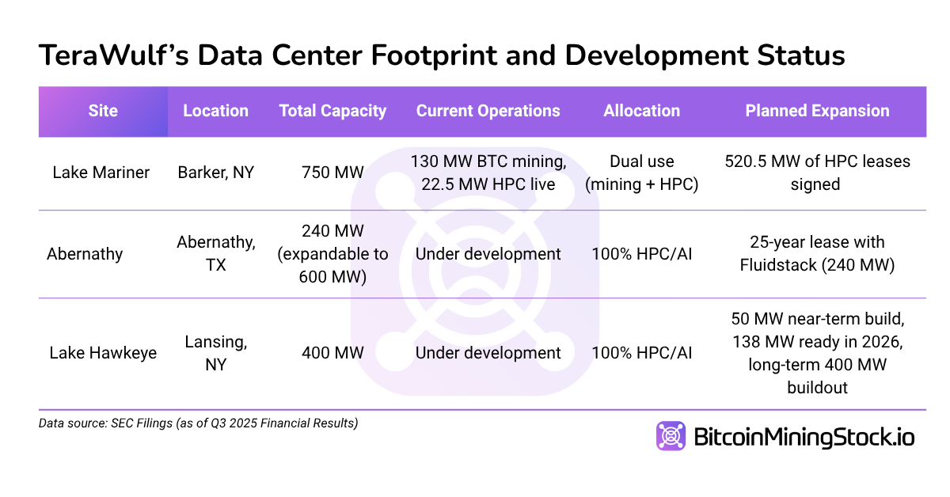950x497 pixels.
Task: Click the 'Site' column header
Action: coord(103,112)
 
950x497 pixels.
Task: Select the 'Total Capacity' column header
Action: coord(332,112)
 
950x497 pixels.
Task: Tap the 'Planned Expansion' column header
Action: coord(817,112)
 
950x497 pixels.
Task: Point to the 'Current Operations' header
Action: coord(488,112)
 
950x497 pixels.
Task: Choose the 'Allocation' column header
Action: coord(641,112)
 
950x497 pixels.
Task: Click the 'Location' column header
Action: coord(215,112)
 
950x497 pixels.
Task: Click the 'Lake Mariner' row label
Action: coord(101,173)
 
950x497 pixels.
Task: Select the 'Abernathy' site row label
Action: coord(85,254)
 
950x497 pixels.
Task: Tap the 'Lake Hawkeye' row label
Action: coord(103,353)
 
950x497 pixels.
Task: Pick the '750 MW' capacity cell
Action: coord(332,173)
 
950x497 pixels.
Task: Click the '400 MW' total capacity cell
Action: coord(332,353)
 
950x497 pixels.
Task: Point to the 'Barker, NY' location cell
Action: coord(215,173)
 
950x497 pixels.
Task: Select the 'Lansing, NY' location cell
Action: coord(215,353)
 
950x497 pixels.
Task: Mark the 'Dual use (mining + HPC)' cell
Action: coord(641,173)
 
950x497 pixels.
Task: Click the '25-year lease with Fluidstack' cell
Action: coord(817,254)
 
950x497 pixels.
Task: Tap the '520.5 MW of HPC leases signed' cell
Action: coord(817,173)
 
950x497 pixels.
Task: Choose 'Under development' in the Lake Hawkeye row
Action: coord(488,353)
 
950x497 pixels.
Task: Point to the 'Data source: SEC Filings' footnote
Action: coord(198,423)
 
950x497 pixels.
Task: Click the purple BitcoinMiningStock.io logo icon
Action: coord(671,436)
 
